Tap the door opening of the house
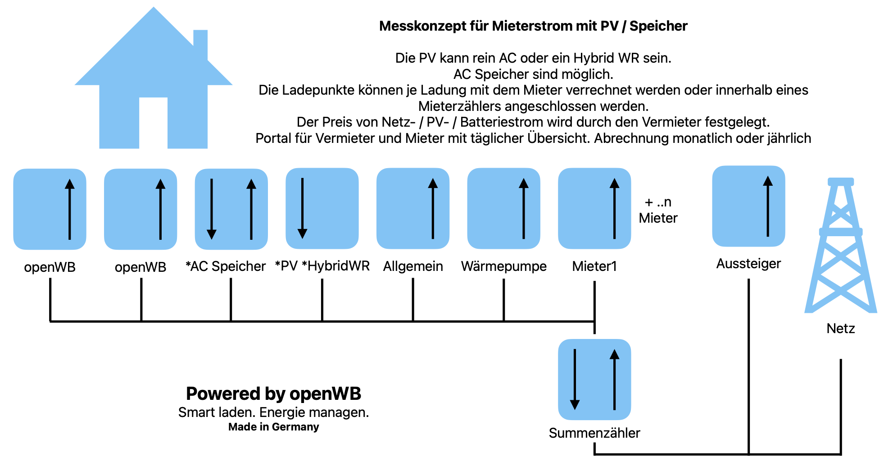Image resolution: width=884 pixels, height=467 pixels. [x=153, y=123]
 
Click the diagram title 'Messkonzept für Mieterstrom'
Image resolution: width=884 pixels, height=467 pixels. [x=533, y=26]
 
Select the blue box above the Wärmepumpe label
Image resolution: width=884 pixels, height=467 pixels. [x=503, y=208]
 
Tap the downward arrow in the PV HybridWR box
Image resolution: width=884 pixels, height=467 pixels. [x=303, y=208]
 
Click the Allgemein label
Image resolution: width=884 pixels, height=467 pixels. [x=413, y=266]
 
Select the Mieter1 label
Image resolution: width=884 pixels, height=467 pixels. [x=594, y=266]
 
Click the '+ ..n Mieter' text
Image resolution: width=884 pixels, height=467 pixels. [x=658, y=210]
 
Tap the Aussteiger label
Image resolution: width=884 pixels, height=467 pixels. [x=748, y=264]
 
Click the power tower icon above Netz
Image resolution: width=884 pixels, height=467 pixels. [x=840, y=246]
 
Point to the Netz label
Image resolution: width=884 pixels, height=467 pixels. [x=840, y=329]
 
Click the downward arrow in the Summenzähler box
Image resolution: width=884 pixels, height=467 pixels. [x=575, y=379]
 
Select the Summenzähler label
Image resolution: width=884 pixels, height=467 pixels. [x=594, y=433]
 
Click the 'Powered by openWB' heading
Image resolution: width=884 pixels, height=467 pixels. [x=273, y=394]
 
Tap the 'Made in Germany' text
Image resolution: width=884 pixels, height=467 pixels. [x=273, y=427]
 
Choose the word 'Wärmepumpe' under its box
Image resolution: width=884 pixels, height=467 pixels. [x=503, y=266]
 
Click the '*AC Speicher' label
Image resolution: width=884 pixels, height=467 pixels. [x=226, y=266]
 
